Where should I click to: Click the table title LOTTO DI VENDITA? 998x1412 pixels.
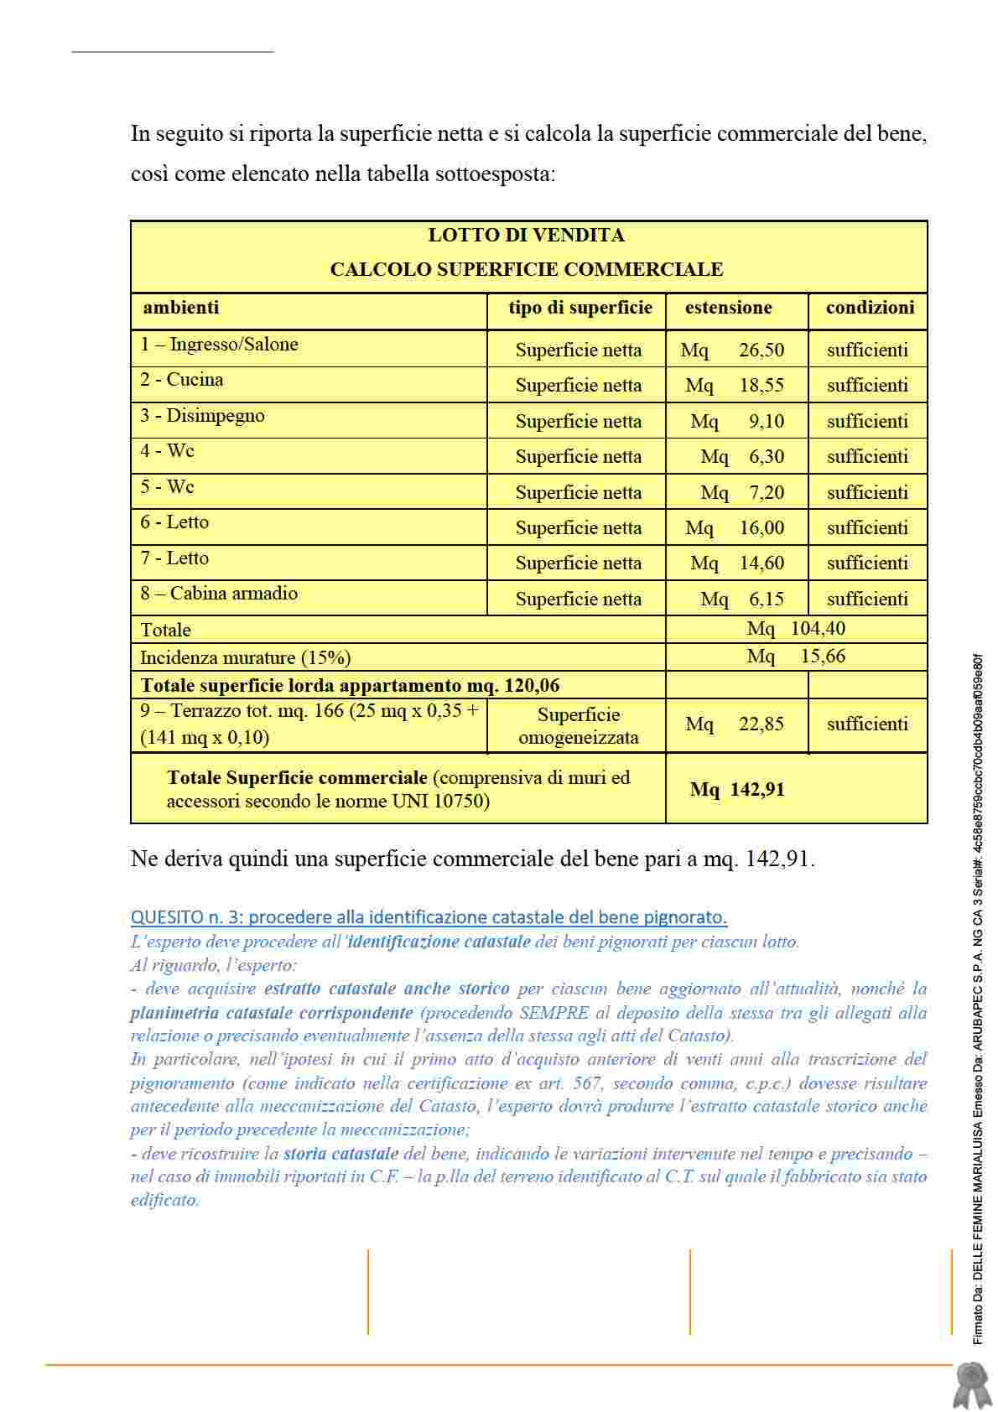[526, 236]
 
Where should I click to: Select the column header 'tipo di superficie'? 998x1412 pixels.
[580, 308]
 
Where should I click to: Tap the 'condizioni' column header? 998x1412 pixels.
[869, 308]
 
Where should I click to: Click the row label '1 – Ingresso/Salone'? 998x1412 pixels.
[219, 345]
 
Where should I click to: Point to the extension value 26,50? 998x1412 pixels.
[761, 350]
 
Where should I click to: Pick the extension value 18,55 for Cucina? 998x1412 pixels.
[761, 386]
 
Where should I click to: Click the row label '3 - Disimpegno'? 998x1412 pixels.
[202, 416]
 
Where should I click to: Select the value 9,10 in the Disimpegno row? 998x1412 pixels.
[766, 422]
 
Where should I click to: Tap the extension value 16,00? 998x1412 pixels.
[761, 528]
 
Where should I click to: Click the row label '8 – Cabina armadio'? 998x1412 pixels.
[219, 594]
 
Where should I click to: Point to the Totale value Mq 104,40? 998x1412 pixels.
[796, 629]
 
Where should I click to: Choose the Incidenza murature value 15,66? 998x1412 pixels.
[822, 657]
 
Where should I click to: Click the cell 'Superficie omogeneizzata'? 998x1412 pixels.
[578, 726]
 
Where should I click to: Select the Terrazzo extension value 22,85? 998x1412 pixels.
[761, 724]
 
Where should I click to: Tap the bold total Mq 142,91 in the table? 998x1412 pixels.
[737, 790]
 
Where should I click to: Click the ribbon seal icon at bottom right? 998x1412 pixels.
[972, 1384]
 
